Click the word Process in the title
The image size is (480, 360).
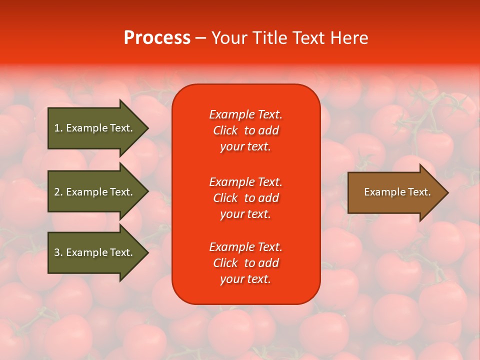click(x=157, y=38)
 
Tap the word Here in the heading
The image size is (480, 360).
click(x=349, y=38)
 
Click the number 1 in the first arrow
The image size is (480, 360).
click(x=57, y=128)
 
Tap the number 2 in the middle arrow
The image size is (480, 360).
click(x=57, y=192)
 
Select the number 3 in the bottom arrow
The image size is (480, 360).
click(x=57, y=252)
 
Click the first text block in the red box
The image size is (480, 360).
click(x=245, y=130)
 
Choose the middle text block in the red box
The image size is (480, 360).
click(x=245, y=198)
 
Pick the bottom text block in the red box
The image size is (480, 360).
click(x=245, y=263)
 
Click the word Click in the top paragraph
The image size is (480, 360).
click(x=225, y=130)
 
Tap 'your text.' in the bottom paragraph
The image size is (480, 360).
click(x=245, y=279)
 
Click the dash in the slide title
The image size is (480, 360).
click(x=200, y=38)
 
